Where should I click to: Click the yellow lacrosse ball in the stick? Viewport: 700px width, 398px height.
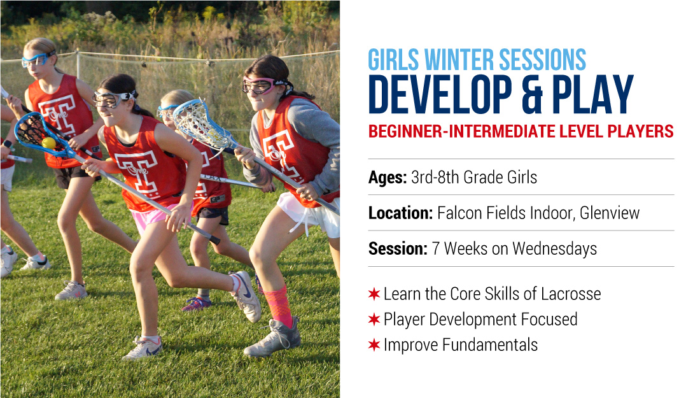click(x=48, y=143)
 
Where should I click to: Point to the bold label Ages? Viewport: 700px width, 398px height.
click(x=388, y=177)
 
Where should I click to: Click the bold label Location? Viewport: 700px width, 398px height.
click(x=400, y=213)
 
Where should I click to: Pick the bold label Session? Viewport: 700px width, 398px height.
click(x=398, y=249)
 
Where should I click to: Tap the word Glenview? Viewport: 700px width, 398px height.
click(x=610, y=213)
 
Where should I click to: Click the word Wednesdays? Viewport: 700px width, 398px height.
click(x=554, y=249)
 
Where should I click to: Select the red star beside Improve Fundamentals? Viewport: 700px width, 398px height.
click(x=374, y=345)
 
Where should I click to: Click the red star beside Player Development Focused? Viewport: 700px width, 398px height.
click(x=374, y=320)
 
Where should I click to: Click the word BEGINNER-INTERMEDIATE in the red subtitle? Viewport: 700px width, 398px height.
click(x=454, y=131)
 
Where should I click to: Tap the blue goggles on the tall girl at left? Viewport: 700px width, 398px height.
click(x=38, y=59)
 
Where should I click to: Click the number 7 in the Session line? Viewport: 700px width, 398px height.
click(x=436, y=249)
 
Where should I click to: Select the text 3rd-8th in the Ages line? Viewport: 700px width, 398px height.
click(x=435, y=177)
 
